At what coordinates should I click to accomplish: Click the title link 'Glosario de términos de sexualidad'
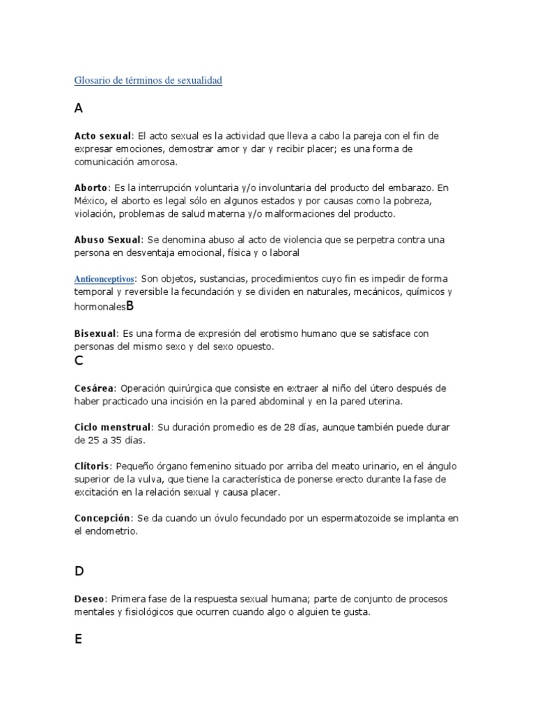(148, 81)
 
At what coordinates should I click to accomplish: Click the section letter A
(78, 108)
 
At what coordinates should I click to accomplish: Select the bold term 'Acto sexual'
(102, 135)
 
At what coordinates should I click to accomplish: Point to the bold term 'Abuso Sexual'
(107, 240)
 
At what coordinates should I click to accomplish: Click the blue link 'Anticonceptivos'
(104, 279)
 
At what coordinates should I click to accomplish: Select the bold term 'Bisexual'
(95, 334)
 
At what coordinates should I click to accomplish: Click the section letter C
(79, 360)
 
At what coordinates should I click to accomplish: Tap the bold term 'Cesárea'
(93, 388)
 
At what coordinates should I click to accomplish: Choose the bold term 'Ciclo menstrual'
(112, 427)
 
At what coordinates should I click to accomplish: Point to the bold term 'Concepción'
(102, 518)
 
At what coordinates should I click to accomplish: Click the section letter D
(79, 571)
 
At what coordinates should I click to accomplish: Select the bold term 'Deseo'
(88, 599)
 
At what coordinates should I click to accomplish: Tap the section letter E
(78, 638)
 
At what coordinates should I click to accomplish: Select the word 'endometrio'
(111, 531)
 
